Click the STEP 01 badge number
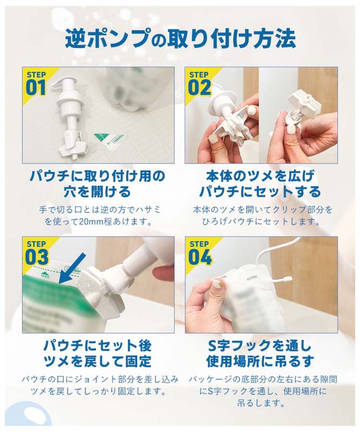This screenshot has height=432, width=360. tap(36, 88)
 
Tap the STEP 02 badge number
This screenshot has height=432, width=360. tap(199, 88)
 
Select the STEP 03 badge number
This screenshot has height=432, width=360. tap(36, 257)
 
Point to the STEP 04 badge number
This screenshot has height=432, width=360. tap(200, 257)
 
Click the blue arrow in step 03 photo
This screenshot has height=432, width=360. tap(72, 268)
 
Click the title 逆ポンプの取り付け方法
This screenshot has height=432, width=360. tap(180, 39)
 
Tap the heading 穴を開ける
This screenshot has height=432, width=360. tap(97, 191)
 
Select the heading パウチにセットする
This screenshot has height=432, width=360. tap(260, 191)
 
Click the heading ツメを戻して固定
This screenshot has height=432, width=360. tap(97, 361)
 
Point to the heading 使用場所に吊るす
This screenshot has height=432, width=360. tap(260, 361)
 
